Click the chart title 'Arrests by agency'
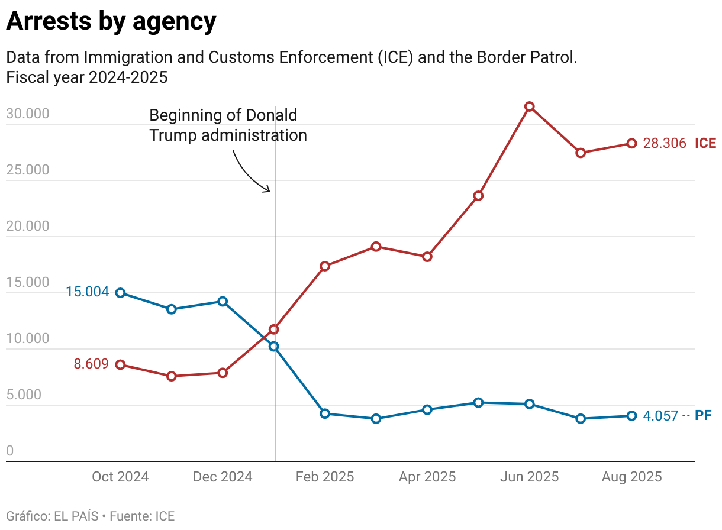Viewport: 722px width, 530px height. tap(111, 22)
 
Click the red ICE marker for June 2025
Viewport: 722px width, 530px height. tap(530, 106)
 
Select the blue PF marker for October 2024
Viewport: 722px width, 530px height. tap(121, 293)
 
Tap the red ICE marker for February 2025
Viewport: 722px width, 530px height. tap(325, 266)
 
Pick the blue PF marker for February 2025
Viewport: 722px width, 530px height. tap(325, 413)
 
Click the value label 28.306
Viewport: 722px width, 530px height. tap(664, 143)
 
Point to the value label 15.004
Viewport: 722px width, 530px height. tap(88, 292)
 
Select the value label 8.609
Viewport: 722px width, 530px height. tap(91, 364)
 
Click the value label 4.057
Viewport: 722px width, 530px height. tap(660, 416)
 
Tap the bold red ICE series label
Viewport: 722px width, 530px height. tap(705, 143)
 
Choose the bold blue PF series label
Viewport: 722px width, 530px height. tap(703, 416)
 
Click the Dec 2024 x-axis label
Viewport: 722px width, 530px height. tap(223, 477)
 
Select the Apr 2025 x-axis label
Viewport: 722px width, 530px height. tap(427, 477)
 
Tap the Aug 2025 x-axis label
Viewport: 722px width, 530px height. tap(631, 477)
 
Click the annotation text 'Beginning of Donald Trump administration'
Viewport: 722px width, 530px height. tap(228, 125)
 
